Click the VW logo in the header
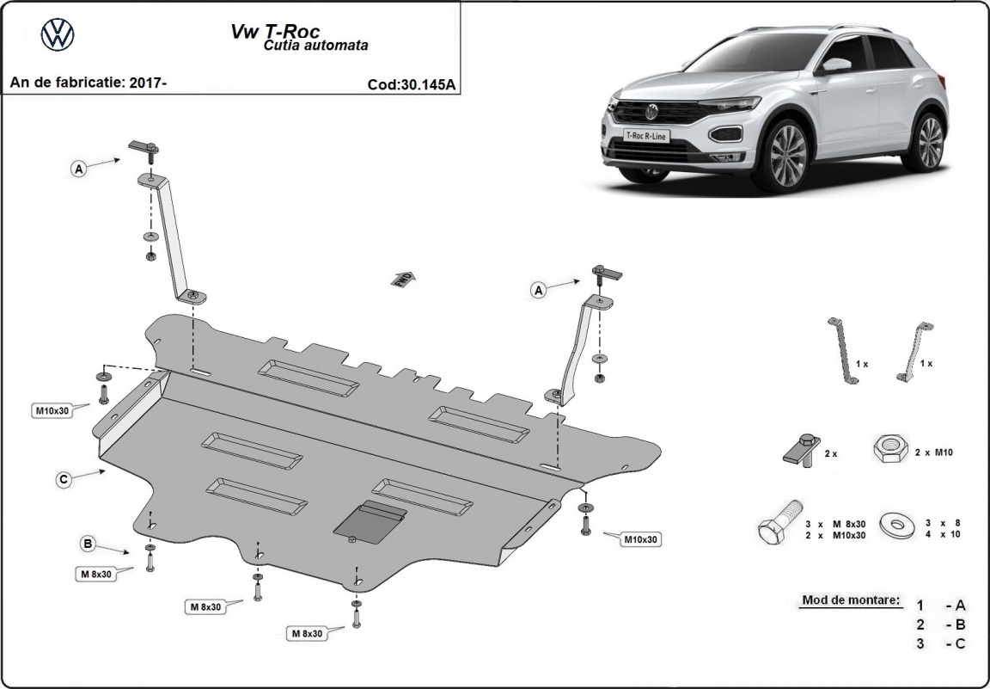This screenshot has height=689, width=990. click(58, 34)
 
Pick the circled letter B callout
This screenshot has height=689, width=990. click(88, 544)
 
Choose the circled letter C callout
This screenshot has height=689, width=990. click(64, 480)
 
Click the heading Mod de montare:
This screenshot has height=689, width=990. click(851, 600)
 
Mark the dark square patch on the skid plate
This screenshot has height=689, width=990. click(370, 522)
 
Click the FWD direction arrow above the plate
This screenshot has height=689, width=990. click(402, 278)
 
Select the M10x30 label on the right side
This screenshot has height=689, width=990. click(640, 539)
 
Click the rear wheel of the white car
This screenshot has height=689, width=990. click(930, 141)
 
